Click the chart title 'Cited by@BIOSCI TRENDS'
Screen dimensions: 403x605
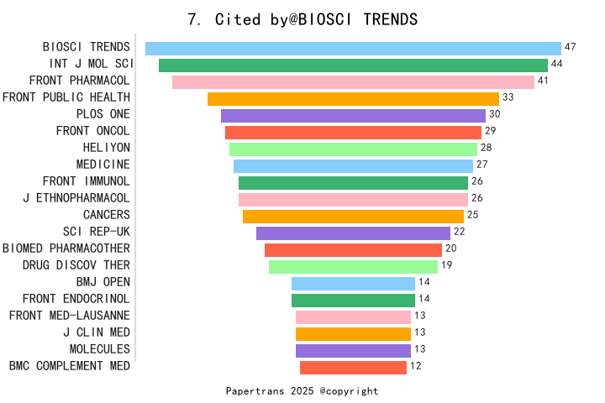click(x=302, y=19)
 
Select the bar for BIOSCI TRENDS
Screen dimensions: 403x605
click(x=353, y=49)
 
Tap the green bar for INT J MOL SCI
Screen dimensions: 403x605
click(x=353, y=65)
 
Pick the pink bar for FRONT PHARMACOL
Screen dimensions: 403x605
click(x=353, y=82)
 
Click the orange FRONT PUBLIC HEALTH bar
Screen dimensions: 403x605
click(x=353, y=99)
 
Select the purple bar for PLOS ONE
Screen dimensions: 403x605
click(x=353, y=116)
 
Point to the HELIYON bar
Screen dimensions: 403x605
click(x=353, y=149)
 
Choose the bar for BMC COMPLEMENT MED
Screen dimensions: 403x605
click(x=353, y=367)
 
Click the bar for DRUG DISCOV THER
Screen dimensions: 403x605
click(x=353, y=266)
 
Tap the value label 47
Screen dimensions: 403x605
click(x=570, y=47)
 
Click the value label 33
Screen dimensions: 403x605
click(x=508, y=97)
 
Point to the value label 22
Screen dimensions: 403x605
click(x=459, y=232)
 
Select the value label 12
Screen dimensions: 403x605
click(x=415, y=366)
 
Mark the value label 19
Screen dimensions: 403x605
click(x=446, y=265)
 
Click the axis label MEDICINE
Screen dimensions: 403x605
click(x=103, y=165)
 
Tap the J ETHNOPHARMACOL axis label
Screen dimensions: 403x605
click(x=76, y=198)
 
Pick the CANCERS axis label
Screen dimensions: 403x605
click(x=106, y=215)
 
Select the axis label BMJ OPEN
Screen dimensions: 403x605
click(x=103, y=282)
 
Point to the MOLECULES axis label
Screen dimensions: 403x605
click(x=99, y=349)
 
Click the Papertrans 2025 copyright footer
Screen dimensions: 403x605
click(x=302, y=391)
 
